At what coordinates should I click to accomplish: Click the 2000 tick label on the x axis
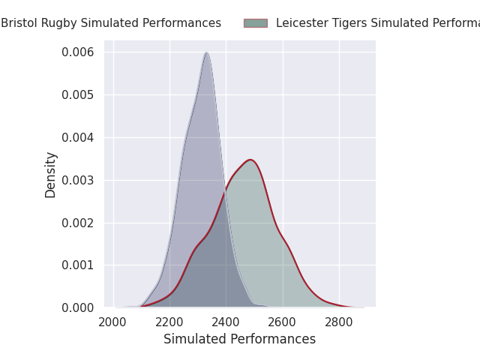(x=113, y=322)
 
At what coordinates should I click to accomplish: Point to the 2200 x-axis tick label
(x=169, y=322)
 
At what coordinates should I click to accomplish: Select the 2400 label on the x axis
(x=226, y=322)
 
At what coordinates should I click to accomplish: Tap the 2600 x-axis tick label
(x=283, y=322)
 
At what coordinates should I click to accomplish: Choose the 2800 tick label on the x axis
(x=339, y=322)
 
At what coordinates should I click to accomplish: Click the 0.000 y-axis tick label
(x=78, y=307)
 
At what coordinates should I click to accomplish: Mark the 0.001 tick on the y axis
(x=78, y=265)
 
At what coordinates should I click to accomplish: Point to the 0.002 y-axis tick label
(x=78, y=223)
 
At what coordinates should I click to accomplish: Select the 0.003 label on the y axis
(x=78, y=180)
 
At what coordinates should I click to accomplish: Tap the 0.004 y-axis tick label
(x=78, y=137)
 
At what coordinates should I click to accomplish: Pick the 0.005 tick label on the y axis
(x=78, y=94)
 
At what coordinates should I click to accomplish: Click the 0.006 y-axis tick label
(x=78, y=52)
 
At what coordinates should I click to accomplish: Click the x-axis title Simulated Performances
(x=239, y=339)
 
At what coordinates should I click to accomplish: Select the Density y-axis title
(x=51, y=175)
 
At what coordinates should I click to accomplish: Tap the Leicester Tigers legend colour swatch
(x=255, y=23)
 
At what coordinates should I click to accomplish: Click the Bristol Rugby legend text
(x=111, y=23)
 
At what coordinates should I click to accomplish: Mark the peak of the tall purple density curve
(x=205, y=52)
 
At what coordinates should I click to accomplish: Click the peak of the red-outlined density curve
(x=250, y=159)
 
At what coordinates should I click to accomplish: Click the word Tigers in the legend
(x=343, y=23)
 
